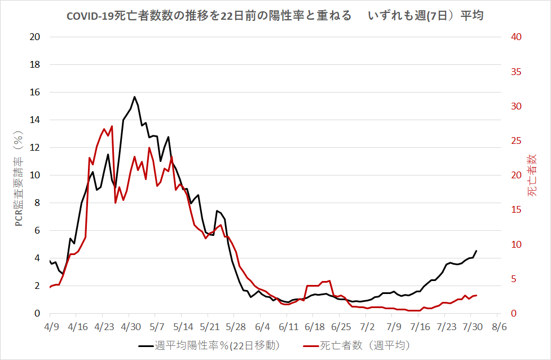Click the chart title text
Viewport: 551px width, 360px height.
pyautogui.click(x=275, y=16)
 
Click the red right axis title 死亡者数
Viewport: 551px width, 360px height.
pyautogui.click(x=532, y=175)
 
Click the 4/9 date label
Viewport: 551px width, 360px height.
pyautogui.click(x=51, y=327)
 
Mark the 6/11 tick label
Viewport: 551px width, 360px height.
pyautogui.click(x=288, y=327)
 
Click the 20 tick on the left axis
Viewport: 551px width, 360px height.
pyautogui.click(x=35, y=37)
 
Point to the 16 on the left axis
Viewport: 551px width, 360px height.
pyautogui.click(x=35, y=92)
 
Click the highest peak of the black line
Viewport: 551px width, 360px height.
pyautogui.click(x=134, y=96)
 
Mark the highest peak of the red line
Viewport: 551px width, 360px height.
pyautogui.click(x=112, y=126)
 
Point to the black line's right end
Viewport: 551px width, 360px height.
pyautogui.click(x=477, y=251)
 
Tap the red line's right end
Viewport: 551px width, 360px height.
pyautogui.click(x=477, y=295)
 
